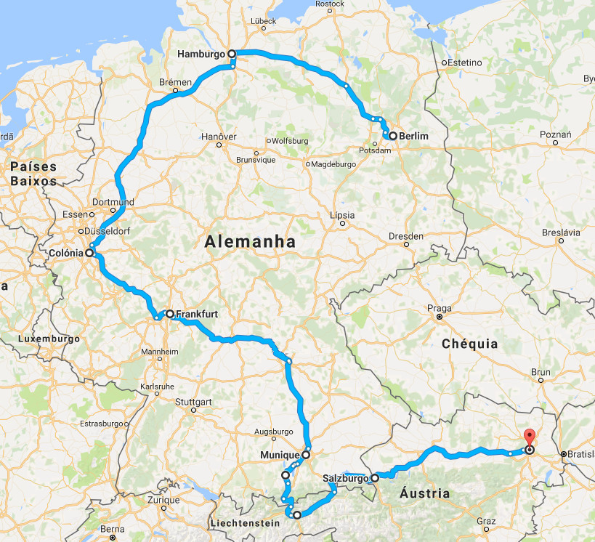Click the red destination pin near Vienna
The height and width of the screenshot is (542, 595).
529,438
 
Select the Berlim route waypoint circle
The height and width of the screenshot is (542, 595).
392,136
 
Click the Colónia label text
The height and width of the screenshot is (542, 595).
63,253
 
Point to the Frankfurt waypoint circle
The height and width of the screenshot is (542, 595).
169,315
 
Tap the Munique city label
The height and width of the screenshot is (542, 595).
280,456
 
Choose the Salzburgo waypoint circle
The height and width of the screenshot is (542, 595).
375,478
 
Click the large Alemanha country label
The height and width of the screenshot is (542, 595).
251,242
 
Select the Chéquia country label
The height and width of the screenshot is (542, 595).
470,343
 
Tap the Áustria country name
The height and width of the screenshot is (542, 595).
424,493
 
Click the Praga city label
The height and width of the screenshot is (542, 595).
440,307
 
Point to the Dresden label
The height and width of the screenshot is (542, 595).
405,236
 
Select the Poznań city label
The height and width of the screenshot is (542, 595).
556,134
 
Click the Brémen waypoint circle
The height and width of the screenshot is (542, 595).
176,92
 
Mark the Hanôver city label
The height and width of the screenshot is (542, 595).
219,136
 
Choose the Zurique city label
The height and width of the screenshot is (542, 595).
163,501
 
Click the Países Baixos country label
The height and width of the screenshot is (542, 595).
33,174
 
